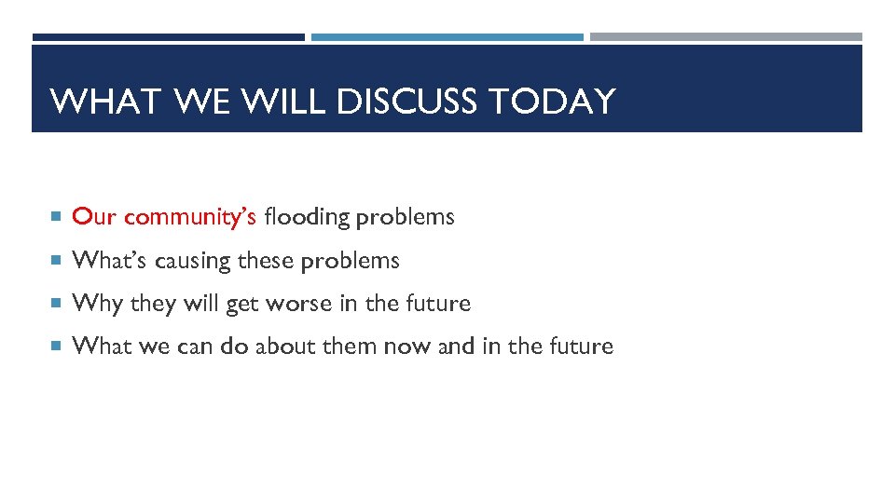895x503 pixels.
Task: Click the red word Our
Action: tap(94, 217)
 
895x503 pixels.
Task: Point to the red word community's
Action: tap(190, 217)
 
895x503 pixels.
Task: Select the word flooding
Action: tap(307, 217)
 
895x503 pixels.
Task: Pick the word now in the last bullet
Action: tap(406, 347)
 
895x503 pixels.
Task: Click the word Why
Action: tap(97, 304)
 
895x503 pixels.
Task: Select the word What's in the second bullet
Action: tap(109, 261)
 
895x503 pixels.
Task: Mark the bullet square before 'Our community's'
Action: tap(58, 218)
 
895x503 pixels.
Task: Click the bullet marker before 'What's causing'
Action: tap(58, 262)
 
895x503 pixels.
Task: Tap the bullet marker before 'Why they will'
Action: tap(58, 305)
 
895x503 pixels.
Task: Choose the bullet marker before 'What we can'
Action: tap(58, 347)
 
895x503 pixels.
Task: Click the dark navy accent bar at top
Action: tap(168, 37)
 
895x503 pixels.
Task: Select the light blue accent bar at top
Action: tap(447, 37)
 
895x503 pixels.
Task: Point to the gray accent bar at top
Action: tap(725, 37)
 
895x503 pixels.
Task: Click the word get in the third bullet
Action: tap(242, 305)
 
